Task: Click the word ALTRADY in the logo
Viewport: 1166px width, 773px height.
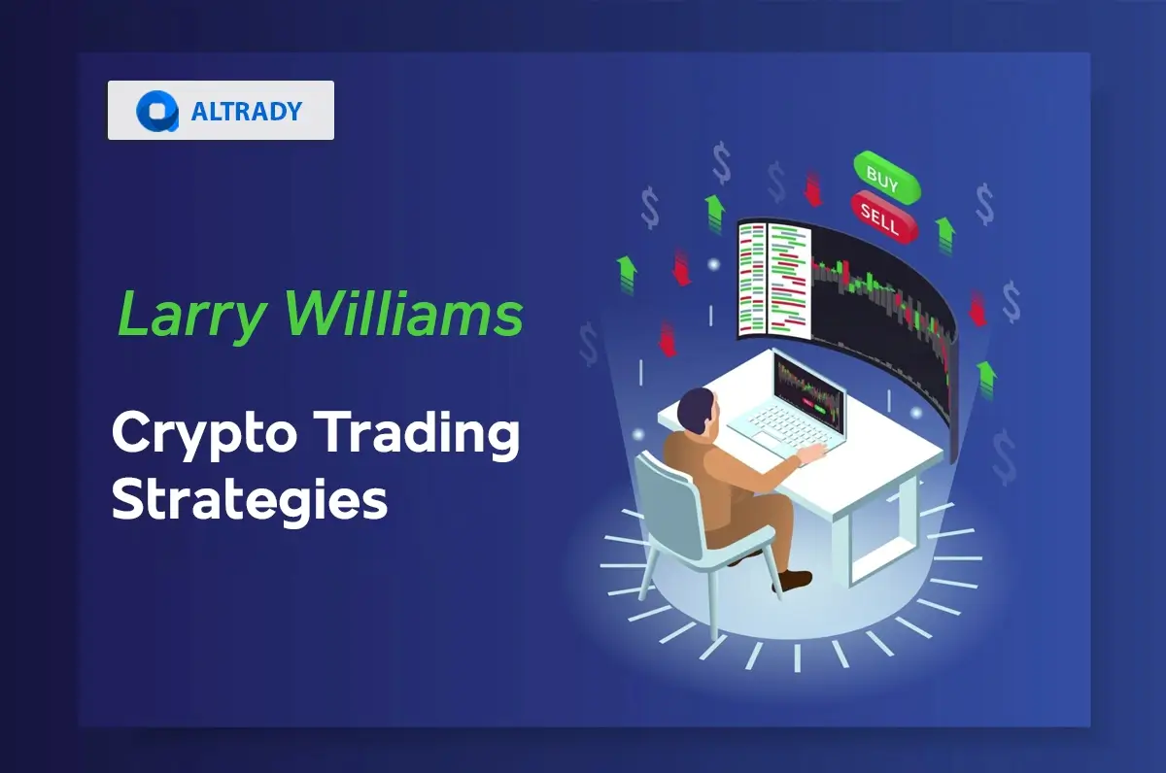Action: [x=247, y=111]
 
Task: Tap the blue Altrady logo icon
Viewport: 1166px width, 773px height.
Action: [x=156, y=111]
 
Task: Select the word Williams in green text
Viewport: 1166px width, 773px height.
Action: [x=406, y=316]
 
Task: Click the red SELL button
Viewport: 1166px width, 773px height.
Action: [x=883, y=217]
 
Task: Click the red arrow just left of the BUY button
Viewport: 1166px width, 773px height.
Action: [x=813, y=188]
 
